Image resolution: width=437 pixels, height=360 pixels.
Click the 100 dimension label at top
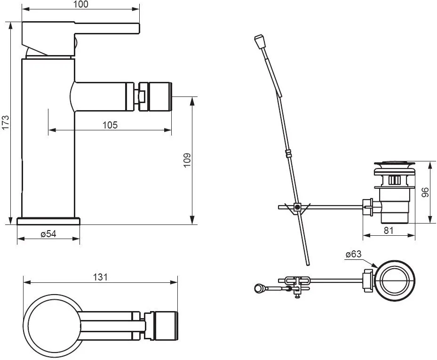[x=81, y=4]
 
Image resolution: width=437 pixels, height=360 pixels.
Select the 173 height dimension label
[x=5, y=123]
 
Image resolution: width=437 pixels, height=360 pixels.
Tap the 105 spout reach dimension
[x=110, y=125]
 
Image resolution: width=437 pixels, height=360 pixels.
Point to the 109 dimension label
[x=187, y=160]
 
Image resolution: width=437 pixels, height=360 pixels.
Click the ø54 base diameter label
[x=48, y=234]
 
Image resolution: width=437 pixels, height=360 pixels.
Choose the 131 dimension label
[x=100, y=277]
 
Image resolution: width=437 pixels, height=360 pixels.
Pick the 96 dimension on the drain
[x=425, y=192]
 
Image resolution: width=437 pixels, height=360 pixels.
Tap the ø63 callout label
[x=353, y=254]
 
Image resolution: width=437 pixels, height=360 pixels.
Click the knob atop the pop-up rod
[x=259, y=41]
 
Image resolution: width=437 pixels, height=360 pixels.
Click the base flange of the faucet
[x=48, y=221]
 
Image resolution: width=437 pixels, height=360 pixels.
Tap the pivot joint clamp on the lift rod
[x=298, y=207]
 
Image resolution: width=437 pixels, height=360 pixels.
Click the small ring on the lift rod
[x=288, y=154]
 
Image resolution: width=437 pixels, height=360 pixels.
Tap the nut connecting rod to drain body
[x=367, y=207]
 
